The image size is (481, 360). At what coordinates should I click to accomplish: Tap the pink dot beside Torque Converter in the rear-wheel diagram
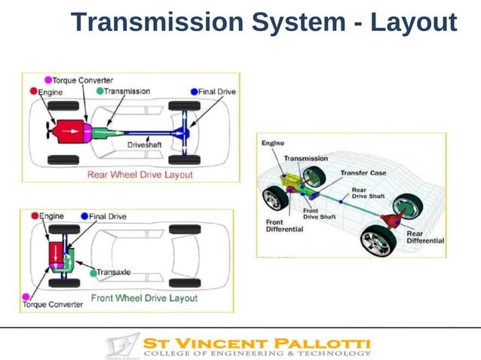coord(48,80)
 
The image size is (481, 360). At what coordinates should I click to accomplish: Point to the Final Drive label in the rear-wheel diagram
coord(217,92)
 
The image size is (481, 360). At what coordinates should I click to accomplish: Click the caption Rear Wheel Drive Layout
coord(139,174)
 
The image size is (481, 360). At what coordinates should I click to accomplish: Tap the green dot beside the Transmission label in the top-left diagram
coord(100,91)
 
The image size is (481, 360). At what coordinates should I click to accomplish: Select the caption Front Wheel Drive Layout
coord(144,298)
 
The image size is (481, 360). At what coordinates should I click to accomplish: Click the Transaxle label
coord(114,273)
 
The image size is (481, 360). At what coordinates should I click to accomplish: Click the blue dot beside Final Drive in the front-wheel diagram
coord(84,216)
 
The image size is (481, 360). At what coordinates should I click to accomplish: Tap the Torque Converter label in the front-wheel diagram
coord(52,305)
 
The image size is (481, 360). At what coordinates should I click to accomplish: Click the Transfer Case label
coord(363,172)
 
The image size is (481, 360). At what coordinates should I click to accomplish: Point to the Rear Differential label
coord(424,237)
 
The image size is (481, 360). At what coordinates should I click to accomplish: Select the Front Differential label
coord(284,226)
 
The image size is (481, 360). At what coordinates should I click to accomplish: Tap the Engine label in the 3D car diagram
coord(273,143)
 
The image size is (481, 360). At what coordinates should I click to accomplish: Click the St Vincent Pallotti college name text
coord(256,343)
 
